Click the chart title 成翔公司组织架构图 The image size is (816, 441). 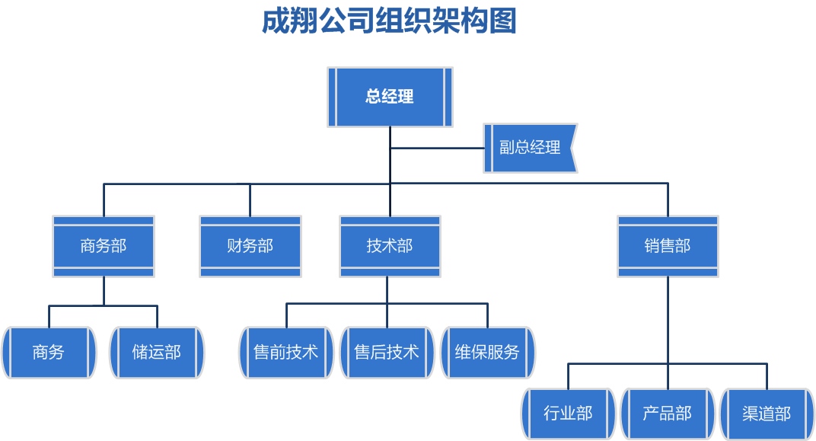click(x=389, y=21)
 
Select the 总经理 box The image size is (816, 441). click(x=390, y=97)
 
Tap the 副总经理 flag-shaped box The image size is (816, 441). click(x=530, y=148)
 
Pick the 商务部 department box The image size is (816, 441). click(x=104, y=246)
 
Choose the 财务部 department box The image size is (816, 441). click(x=250, y=246)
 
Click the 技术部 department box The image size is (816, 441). click(x=390, y=246)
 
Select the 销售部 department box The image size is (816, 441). click(x=668, y=246)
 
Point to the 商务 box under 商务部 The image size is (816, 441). click(x=49, y=353)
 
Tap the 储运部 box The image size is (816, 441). click(x=157, y=353)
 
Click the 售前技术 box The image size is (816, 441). click(x=285, y=353)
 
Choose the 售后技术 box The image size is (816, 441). click(x=387, y=353)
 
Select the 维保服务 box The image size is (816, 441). click(x=487, y=353)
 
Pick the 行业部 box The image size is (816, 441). click(x=569, y=414)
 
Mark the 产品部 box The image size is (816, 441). click(x=668, y=414)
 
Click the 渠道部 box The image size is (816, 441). click(x=767, y=414)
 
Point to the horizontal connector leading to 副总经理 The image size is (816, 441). click(x=437, y=149)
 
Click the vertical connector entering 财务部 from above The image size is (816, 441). click(x=250, y=200)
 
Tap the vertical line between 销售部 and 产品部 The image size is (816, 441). click(x=668, y=333)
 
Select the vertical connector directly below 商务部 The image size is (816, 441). click(x=104, y=291)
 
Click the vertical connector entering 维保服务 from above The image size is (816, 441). click(x=487, y=315)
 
